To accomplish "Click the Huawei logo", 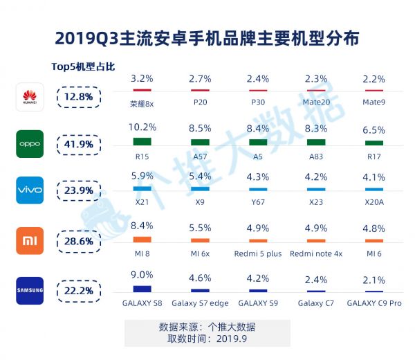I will tap(30, 97).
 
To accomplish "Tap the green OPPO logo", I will tap(30, 144).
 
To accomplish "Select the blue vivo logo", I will tap(30, 190).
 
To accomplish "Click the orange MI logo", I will tap(30, 240).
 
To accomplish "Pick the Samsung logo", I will tap(30, 289).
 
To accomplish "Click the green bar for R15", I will tap(142, 141).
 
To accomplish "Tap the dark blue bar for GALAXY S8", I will tap(142, 289).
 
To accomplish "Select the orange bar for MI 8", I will tap(142, 239).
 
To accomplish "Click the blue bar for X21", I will tap(142, 188).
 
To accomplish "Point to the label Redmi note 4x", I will tap(315, 253).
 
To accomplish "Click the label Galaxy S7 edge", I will tap(201, 303).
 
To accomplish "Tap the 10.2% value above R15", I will tap(142, 127).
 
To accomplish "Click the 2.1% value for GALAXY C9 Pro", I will tap(374, 280).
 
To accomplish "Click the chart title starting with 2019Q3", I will tap(207, 37).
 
